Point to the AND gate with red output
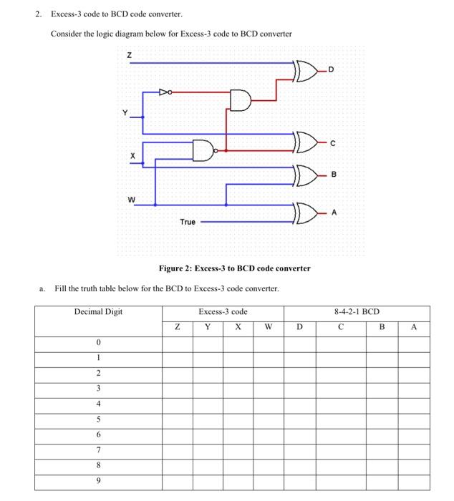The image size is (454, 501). [241, 101]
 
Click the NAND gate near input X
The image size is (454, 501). [204, 150]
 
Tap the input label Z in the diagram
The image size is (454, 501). [129, 55]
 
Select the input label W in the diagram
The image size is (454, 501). [131, 200]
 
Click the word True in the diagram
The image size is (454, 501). [187, 222]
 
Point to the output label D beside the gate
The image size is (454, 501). [331, 68]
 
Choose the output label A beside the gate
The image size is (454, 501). [334, 213]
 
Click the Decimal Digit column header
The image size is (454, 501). [98, 312]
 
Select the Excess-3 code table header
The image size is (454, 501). [223, 312]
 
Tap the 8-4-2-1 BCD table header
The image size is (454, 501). [357, 312]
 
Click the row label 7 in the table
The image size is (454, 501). [98, 449]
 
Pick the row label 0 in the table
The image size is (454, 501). [98, 343]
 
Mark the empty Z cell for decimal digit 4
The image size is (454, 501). [177, 403]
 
